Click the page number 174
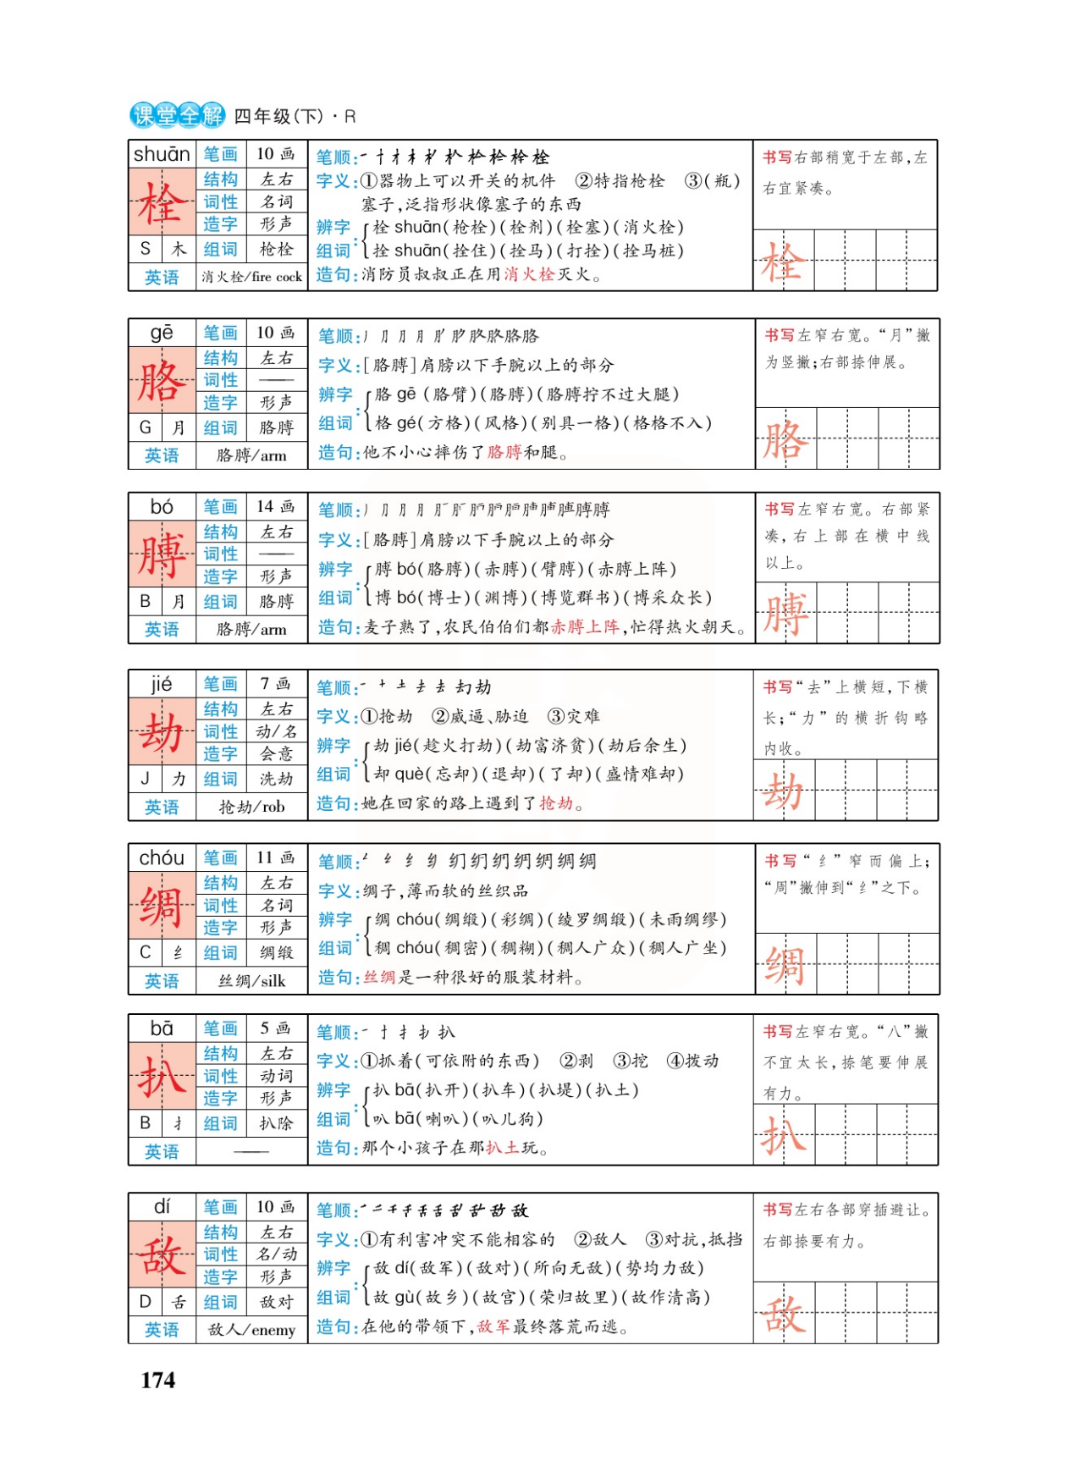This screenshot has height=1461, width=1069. (158, 1381)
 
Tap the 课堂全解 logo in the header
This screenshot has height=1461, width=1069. (177, 115)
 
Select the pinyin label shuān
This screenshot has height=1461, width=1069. (162, 154)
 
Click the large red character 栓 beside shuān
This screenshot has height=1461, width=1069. (162, 202)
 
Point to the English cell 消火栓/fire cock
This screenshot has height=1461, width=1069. (251, 277)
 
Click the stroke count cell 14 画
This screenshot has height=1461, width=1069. (276, 506)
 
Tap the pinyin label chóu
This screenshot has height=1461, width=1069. (162, 857)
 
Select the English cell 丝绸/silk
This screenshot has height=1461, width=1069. (251, 981)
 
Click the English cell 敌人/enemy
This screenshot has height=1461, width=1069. (251, 1330)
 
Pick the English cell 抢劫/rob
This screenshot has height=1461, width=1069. (251, 807)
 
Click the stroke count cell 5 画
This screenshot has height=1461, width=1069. (276, 1028)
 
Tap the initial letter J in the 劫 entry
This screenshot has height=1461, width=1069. (145, 779)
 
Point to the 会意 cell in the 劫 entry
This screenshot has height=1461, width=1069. (276, 753)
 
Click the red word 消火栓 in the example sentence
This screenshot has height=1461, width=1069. (530, 274)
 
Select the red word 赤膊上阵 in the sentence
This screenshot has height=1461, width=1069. (585, 627)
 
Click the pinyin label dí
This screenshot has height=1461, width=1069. (162, 1206)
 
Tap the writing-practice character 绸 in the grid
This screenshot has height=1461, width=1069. (785, 965)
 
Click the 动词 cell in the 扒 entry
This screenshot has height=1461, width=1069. (276, 1076)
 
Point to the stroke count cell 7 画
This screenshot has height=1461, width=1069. (276, 683)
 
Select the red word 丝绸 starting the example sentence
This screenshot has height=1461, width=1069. (380, 978)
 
